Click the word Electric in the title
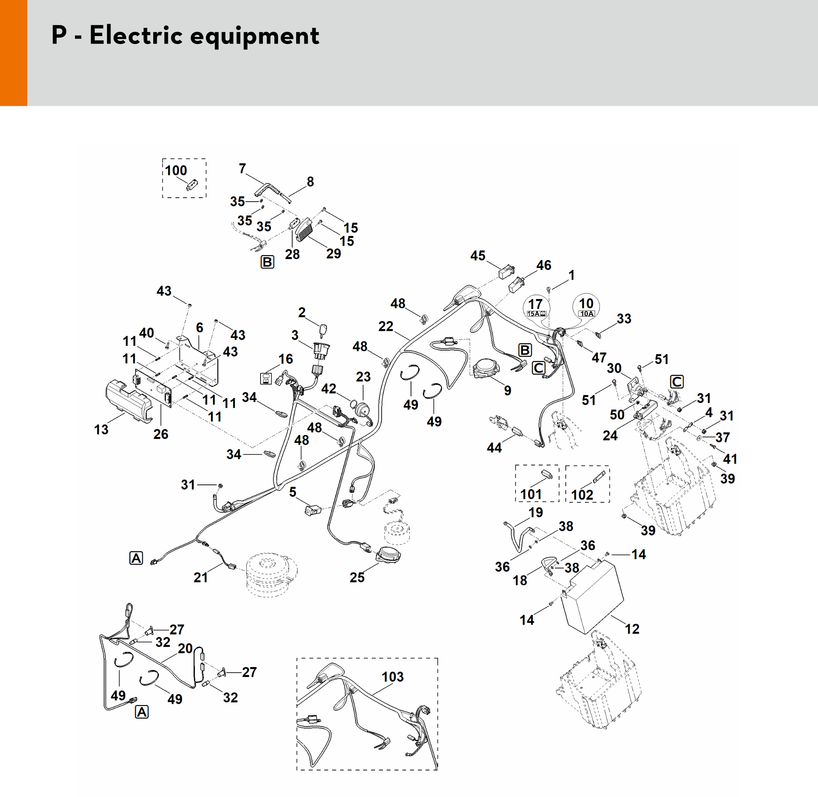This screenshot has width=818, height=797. click(x=136, y=35)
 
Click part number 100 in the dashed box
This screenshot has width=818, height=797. click(x=176, y=171)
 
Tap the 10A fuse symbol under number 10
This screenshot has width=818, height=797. click(x=586, y=313)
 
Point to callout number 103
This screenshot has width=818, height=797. click(x=392, y=677)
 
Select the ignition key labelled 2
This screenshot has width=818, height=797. click(x=323, y=331)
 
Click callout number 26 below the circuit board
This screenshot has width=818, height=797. click(x=161, y=434)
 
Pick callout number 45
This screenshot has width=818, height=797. click(x=478, y=256)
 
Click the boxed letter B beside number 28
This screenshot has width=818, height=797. click(x=267, y=262)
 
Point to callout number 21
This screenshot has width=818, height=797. click(x=201, y=577)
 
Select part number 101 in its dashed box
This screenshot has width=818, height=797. click(x=531, y=494)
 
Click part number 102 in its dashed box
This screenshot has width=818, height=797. click(x=582, y=495)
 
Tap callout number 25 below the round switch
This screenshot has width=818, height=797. click(x=357, y=577)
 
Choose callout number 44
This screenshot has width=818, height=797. click(x=494, y=448)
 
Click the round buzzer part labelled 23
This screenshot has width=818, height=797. click(x=362, y=409)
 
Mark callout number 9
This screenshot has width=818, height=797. click(x=508, y=390)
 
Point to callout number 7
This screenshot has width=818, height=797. click(x=242, y=168)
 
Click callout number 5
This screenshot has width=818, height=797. click(x=293, y=492)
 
